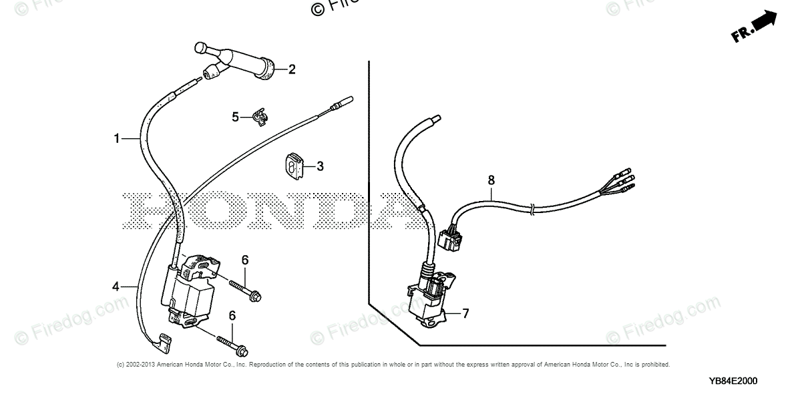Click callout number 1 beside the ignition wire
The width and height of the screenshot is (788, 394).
(116, 139)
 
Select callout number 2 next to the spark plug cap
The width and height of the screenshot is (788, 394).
(291, 69)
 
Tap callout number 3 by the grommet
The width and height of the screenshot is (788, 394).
(320, 166)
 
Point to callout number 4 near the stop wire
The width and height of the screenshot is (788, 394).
(116, 286)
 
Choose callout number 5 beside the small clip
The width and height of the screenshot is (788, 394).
(235, 117)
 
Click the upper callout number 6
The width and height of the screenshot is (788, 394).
(245, 259)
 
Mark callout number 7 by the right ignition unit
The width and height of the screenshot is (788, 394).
(465, 313)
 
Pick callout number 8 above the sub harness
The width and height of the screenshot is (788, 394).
(491, 180)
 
